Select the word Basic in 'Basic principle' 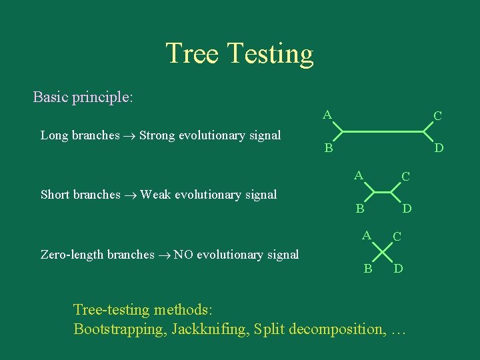pyautogui.click(x=51, y=97)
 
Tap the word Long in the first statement pyautogui.click(x=55, y=136)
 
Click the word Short pyautogui.click(x=56, y=195)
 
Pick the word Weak pyautogui.click(x=156, y=195)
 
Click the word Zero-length pyautogui.click(x=73, y=255)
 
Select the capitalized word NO pyautogui.click(x=183, y=254)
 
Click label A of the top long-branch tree pyautogui.click(x=327, y=115)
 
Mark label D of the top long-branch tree pyautogui.click(x=439, y=147)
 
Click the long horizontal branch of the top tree pyautogui.click(x=383, y=131)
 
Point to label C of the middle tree pyautogui.click(x=405, y=177)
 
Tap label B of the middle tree pyautogui.click(x=359, y=209)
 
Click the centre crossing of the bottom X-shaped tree pyautogui.click(x=382, y=251)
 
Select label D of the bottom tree pyautogui.click(x=397, y=269)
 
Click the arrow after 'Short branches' pyautogui.click(x=131, y=195)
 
